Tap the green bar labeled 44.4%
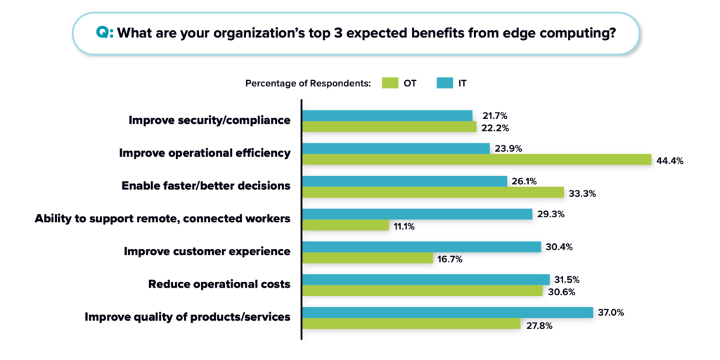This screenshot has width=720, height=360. coord(477,160)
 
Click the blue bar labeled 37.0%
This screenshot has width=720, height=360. coord(448,312)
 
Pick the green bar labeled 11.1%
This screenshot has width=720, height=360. coord(345,225)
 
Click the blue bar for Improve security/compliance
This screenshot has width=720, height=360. coord(387,115)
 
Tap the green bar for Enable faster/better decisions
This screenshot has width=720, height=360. coord(433,193)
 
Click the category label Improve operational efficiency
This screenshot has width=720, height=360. coord(205,153)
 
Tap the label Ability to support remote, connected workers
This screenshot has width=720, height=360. coord(162,219)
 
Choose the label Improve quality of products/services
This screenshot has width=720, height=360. coord(188,317)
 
